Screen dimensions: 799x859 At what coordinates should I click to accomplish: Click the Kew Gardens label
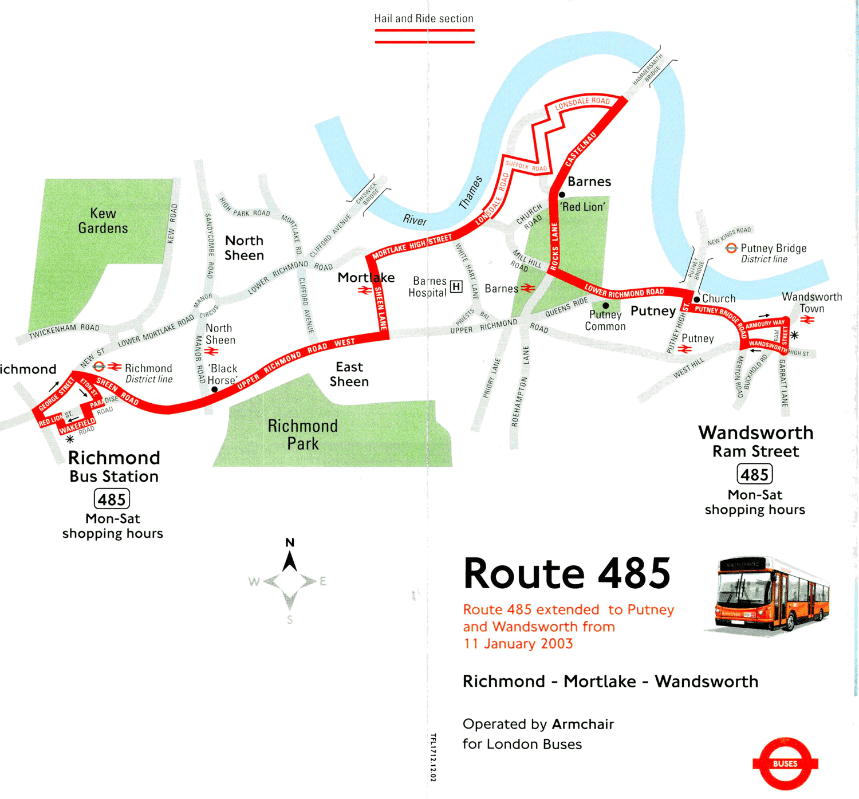(103, 221)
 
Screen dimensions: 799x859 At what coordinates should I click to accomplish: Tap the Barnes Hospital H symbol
(456, 286)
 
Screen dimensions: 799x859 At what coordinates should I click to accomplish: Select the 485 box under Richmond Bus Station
(112, 499)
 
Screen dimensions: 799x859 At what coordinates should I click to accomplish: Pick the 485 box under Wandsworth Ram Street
(754, 474)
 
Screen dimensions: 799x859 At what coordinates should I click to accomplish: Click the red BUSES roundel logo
(785, 763)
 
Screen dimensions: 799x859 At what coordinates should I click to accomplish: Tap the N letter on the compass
(290, 542)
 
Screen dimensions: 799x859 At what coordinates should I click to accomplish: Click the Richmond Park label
(303, 435)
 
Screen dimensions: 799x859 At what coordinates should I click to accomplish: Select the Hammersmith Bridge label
(648, 70)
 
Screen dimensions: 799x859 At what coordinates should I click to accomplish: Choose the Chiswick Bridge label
(368, 192)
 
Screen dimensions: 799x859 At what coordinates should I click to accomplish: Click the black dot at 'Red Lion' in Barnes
(562, 195)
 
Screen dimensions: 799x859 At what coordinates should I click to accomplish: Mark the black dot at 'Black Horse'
(214, 389)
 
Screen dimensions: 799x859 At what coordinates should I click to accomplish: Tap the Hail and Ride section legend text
(424, 18)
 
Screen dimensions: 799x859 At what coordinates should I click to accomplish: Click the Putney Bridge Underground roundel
(731, 248)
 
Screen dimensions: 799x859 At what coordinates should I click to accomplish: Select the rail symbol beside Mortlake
(364, 290)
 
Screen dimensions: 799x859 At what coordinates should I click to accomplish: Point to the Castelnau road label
(581, 149)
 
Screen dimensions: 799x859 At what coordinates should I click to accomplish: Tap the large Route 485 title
(567, 573)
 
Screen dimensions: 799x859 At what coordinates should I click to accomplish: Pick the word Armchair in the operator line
(583, 724)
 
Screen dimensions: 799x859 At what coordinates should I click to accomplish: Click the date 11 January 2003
(518, 643)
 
